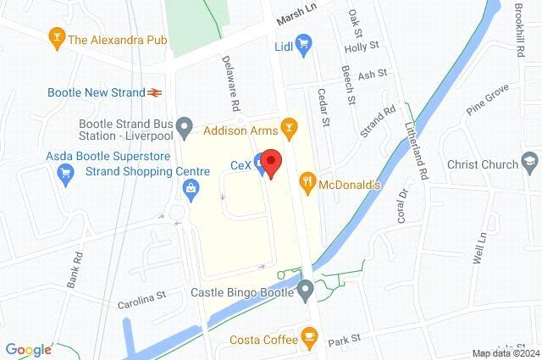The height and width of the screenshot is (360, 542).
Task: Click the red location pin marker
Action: point(270,162)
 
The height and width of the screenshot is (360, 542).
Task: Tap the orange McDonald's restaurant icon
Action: point(308,180)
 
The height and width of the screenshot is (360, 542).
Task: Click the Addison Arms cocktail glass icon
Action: point(290,128)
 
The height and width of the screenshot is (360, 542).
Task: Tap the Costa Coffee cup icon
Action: point(308,340)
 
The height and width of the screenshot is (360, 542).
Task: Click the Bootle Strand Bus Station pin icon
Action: point(191,128)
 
